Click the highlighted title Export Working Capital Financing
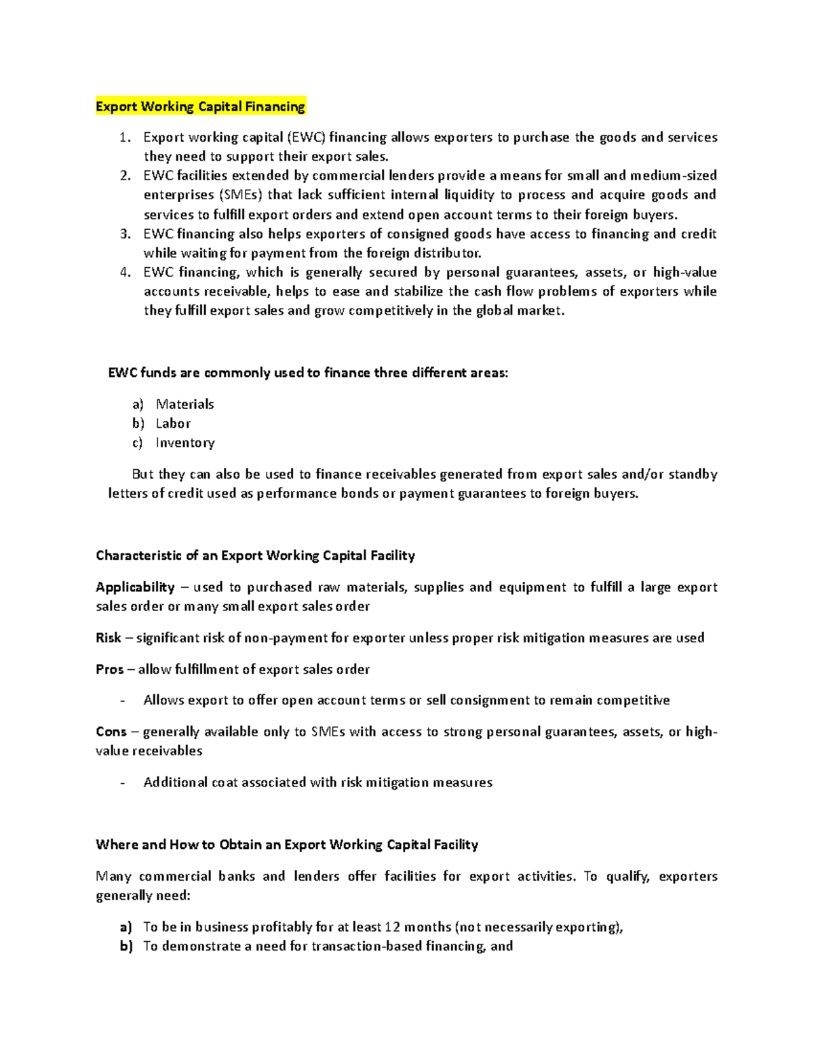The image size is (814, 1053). pyautogui.click(x=200, y=106)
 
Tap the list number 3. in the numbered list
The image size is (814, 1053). pyautogui.click(x=125, y=234)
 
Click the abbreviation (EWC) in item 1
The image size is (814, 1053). pyautogui.click(x=305, y=138)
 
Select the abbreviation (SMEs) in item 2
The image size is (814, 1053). pyautogui.click(x=240, y=195)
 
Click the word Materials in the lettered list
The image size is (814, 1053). pyautogui.click(x=185, y=404)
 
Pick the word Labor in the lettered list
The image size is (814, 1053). pyautogui.click(x=173, y=424)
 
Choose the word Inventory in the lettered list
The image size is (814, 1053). pyautogui.click(x=185, y=443)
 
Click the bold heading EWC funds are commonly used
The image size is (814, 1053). pyautogui.click(x=307, y=373)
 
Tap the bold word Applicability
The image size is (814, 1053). pyautogui.click(x=135, y=587)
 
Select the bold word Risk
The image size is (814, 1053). pyautogui.click(x=108, y=638)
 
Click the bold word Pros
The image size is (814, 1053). pyautogui.click(x=109, y=670)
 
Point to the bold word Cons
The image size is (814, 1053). pyautogui.click(x=111, y=732)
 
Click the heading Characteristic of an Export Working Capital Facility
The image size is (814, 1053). pyautogui.click(x=255, y=556)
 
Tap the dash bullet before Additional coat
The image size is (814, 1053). pyautogui.click(x=122, y=783)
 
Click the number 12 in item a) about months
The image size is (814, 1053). pyautogui.click(x=392, y=927)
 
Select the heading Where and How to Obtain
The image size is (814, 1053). pyautogui.click(x=287, y=845)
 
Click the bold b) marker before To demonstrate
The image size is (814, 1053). pyautogui.click(x=126, y=947)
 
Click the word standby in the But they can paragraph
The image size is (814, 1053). pyautogui.click(x=693, y=475)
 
